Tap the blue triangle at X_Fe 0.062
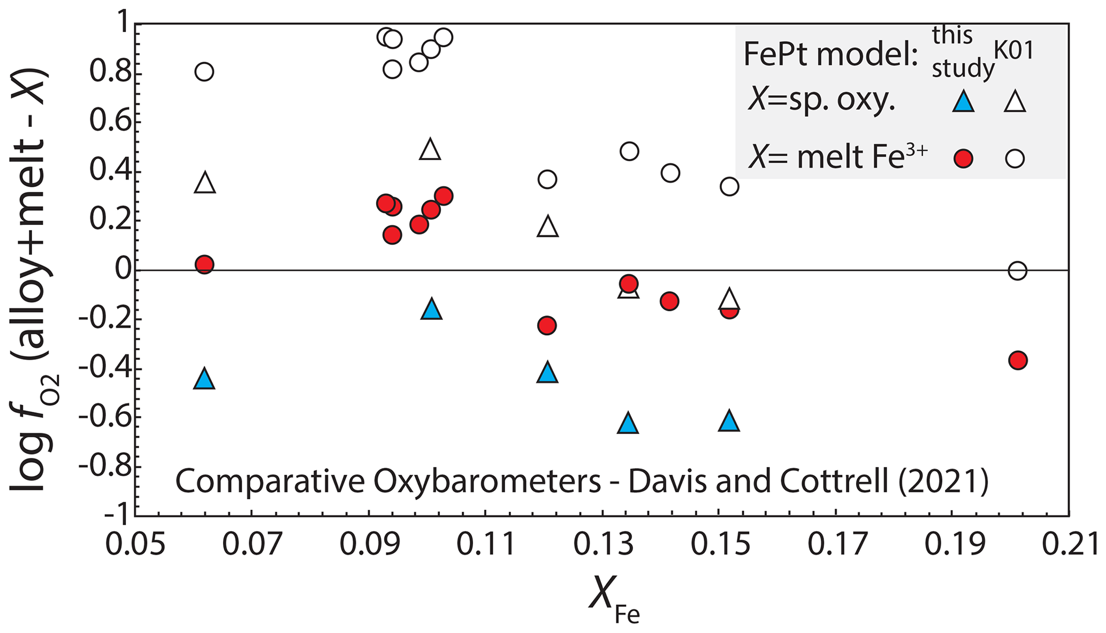tap(204, 379)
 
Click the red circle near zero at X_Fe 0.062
tap(204, 265)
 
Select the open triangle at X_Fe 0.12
tap(547, 227)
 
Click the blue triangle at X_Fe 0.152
tap(729, 421)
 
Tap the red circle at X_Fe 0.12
tap(546, 325)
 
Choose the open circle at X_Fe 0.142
tap(670, 173)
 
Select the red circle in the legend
tap(963, 159)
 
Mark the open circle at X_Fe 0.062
tap(204, 72)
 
